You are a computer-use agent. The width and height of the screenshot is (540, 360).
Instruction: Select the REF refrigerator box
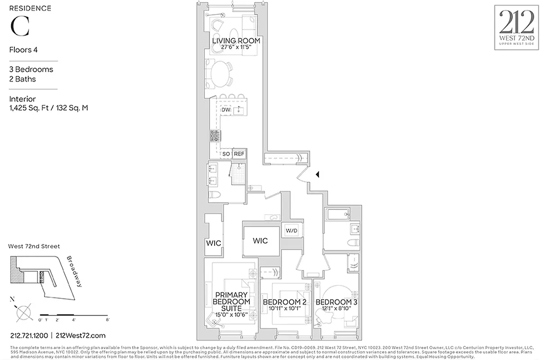pyautogui.click(x=239, y=154)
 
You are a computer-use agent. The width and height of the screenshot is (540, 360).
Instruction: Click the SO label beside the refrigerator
pyautogui.click(x=226, y=154)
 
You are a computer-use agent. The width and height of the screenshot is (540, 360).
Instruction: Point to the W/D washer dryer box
pyautogui.click(x=292, y=231)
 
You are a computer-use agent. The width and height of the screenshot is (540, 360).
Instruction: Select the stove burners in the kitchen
pyautogui.click(x=216, y=135)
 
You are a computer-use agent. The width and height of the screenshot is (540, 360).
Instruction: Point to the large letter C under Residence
pyautogui.click(x=20, y=27)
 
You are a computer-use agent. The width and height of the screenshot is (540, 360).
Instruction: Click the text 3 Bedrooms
pyautogui.click(x=31, y=69)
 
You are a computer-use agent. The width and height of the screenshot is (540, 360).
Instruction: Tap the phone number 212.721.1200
pyautogui.click(x=29, y=335)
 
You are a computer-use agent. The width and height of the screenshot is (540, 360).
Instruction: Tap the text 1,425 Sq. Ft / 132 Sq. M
pyautogui.click(x=49, y=108)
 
